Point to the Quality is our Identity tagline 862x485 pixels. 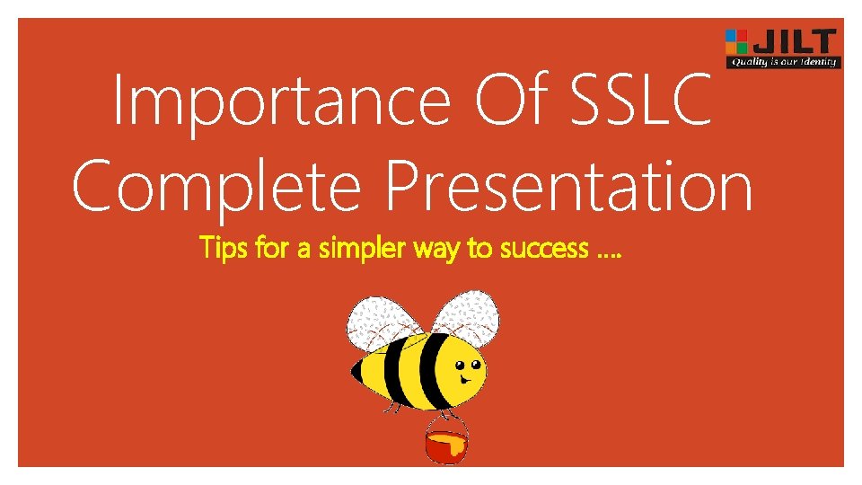coord(783,62)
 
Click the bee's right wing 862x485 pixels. coord(467,315)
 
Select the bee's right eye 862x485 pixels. coord(473,366)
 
